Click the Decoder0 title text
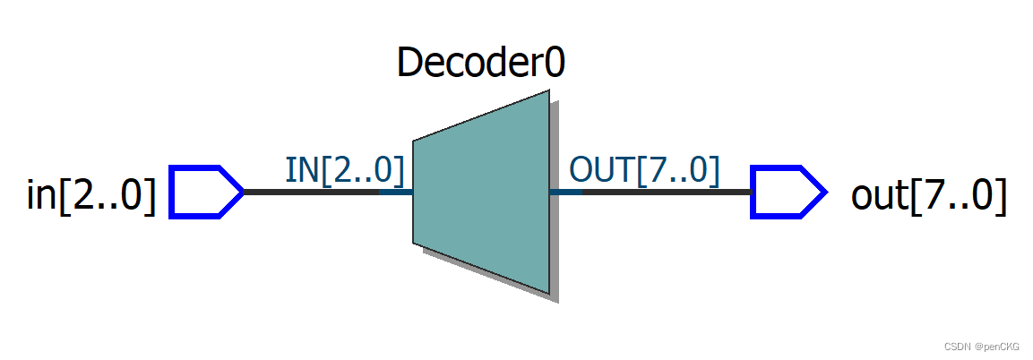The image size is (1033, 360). click(x=481, y=64)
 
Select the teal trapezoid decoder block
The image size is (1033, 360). click(x=481, y=192)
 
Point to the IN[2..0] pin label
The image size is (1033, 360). click(x=344, y=170)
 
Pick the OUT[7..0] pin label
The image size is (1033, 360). click(x=644, y=170)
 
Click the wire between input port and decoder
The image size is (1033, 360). click(x=309, y=192)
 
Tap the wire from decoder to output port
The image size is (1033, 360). click(x=667, y=192)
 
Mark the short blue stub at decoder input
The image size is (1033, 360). click(x=395, y=192)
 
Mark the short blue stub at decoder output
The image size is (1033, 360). click(x=565, y=192)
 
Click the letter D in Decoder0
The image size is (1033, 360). click(x=409, y=64)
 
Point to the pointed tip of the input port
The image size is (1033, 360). click(x=240, y=192)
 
